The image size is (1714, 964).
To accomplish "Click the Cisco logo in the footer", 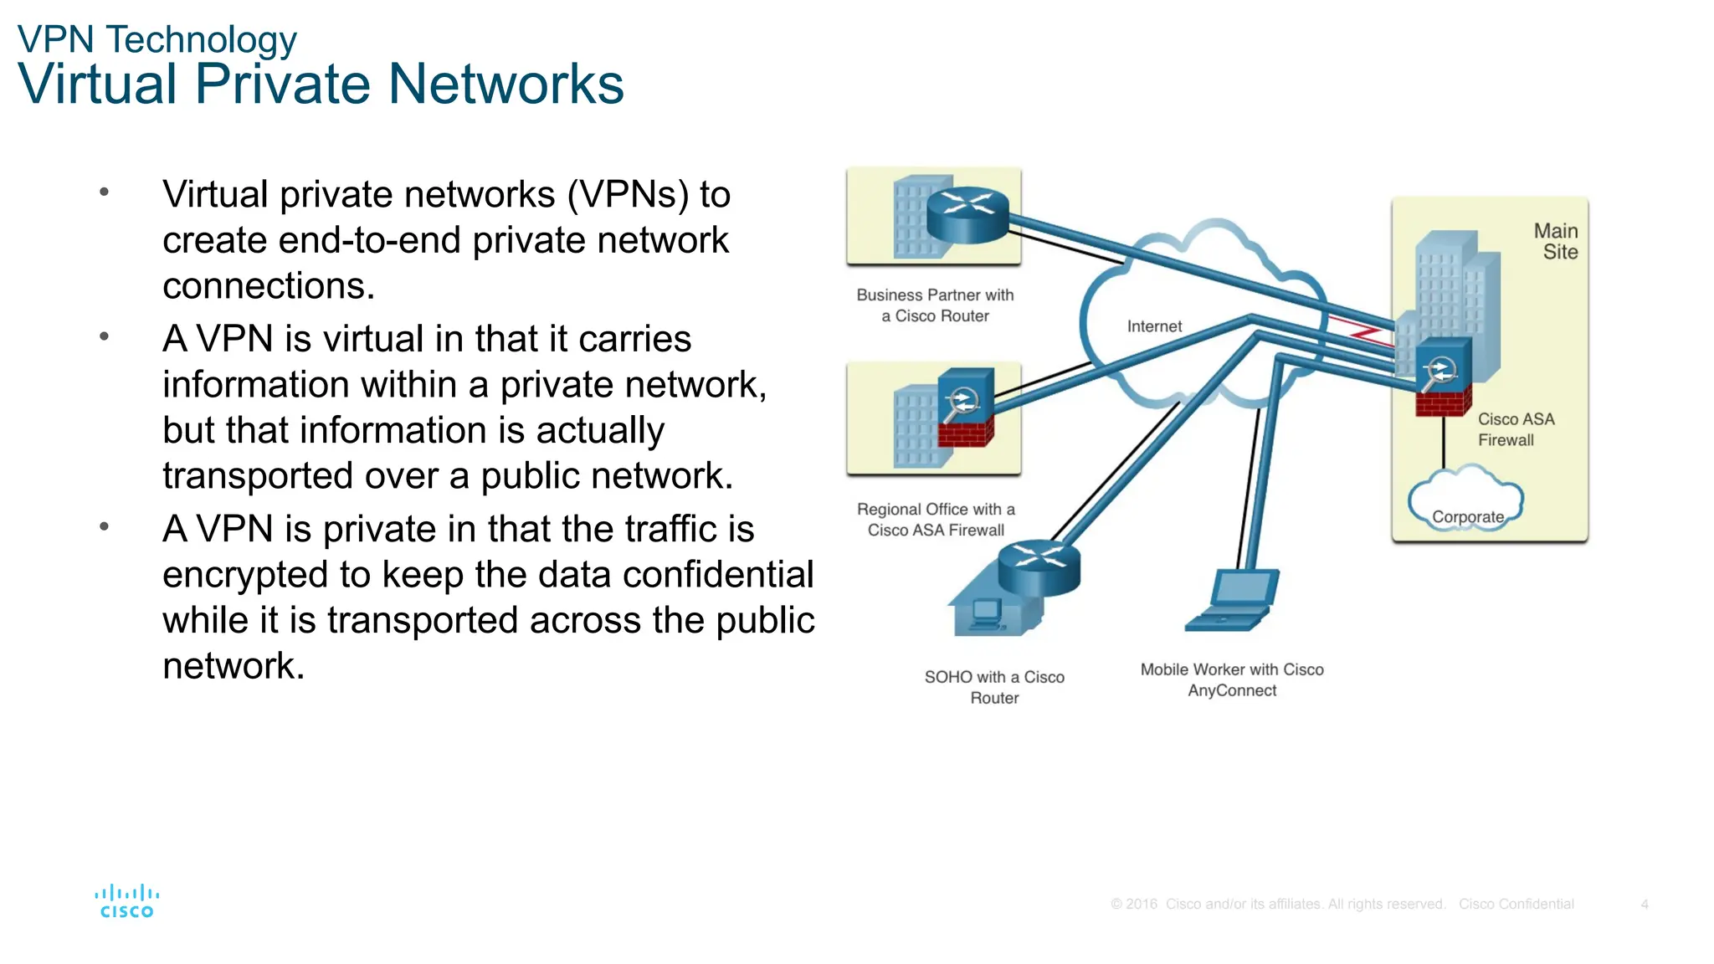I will [x=126, y=901].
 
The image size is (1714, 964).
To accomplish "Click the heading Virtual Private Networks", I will [x=321, y=85].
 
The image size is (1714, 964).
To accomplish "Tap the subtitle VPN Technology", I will [x=157, y=39].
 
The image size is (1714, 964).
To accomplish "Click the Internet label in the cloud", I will [x=1154, y=326].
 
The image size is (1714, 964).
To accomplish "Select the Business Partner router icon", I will [x=967, y=214].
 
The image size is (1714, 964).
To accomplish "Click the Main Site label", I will [x=1557, y=241].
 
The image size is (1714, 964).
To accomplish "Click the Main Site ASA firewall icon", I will [x=1443, y=377].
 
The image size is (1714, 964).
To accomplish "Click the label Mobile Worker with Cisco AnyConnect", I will [x=1232, y=679].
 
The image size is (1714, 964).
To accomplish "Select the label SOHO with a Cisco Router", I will [x=994, y=687].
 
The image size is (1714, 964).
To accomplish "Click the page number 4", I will [x=1645, y=905].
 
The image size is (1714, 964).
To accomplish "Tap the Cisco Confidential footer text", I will [x=1516, y=905].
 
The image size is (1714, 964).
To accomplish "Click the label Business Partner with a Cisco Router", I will [x=935, y=305].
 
